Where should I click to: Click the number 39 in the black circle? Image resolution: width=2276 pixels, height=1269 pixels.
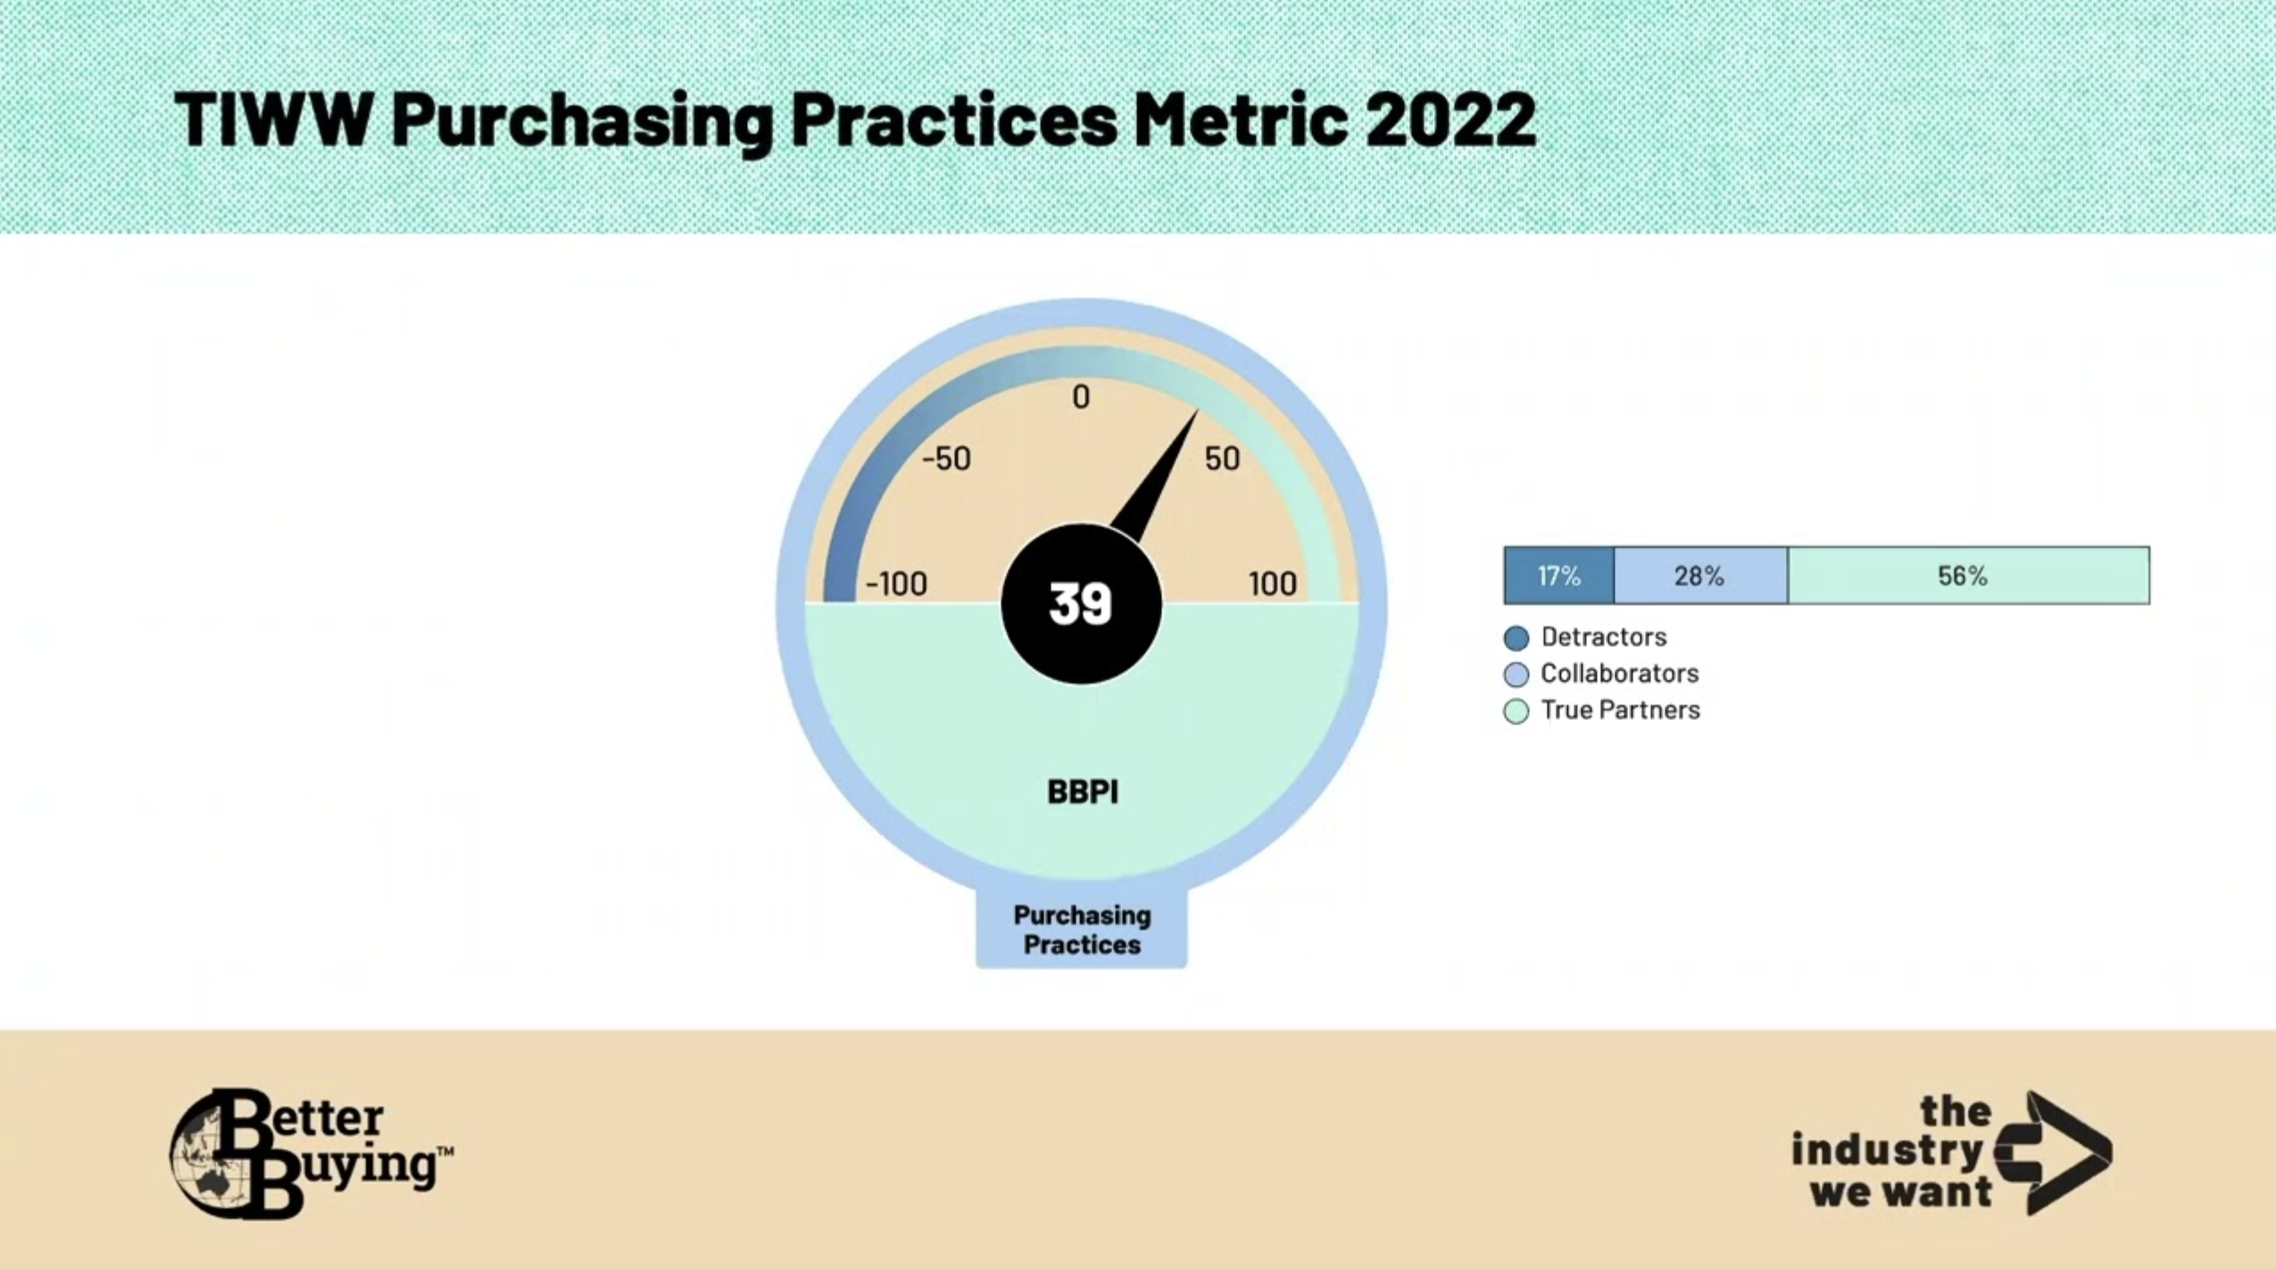point(1081,604)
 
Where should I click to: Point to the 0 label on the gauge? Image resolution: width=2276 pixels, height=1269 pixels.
point(1081,397)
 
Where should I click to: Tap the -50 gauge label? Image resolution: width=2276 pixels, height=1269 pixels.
point(946,459)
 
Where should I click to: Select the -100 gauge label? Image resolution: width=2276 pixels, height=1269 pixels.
point(896,584)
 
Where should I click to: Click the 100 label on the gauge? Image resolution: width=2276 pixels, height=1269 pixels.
point(1273,584)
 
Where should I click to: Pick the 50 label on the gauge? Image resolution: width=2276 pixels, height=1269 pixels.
point(1222,459)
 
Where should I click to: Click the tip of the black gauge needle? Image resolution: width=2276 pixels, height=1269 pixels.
point(1197,411)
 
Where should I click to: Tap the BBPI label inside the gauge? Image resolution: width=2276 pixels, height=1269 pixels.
point(1082,792)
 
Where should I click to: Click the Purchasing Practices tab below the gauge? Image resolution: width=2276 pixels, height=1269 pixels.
point(1082,929)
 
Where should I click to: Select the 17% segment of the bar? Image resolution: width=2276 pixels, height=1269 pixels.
point(1559,576)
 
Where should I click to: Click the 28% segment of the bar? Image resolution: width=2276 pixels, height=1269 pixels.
point(1701,576)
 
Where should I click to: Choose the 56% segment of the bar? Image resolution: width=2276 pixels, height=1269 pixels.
point(1969,576)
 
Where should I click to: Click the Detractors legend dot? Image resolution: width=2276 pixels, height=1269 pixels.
point(1516,638)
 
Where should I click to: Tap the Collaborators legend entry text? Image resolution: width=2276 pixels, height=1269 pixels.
point(1619,674)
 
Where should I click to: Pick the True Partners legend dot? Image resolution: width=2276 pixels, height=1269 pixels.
point(1516,711)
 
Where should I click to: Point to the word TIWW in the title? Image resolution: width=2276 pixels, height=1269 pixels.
point(272,119)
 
